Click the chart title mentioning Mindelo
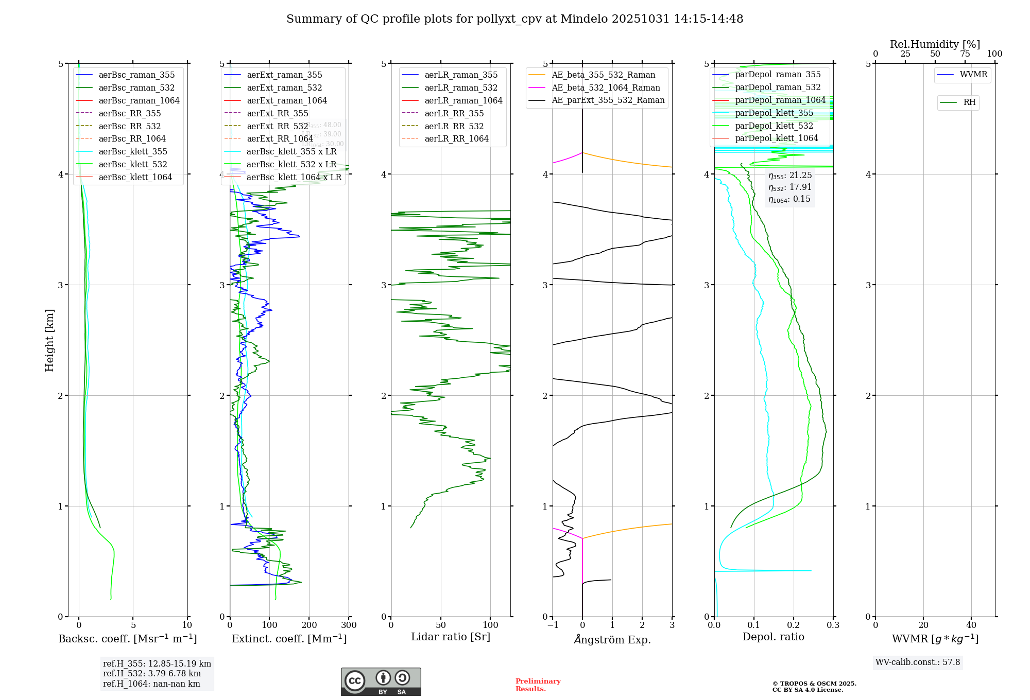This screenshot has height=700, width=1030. pos(514,19)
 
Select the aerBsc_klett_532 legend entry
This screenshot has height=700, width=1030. pos(133,164)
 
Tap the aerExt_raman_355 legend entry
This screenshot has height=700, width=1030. pos(284,75)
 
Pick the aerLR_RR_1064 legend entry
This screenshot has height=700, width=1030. pos(456,138)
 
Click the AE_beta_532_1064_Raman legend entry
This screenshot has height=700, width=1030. pos(606,87)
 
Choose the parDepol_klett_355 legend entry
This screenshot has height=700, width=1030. pos(774,113)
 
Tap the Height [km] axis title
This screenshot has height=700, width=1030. pos(49,340)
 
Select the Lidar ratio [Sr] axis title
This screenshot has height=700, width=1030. pos(451,637)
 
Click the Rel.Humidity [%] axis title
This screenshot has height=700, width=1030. pos(935,44)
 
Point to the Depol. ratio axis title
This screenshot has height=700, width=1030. pos(773,637)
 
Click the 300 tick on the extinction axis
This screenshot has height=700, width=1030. pos(349,625)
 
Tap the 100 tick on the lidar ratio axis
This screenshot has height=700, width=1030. pos(490,625)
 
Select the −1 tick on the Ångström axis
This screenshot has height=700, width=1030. pos(553,625)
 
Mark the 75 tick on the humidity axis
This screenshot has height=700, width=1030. pos(965,54)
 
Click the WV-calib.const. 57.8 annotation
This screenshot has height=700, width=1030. pos(918,662)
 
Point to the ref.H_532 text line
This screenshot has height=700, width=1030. pos(152,673)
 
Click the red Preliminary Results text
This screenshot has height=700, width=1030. pos(538,685)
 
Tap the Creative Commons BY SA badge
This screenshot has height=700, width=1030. pos(381,681)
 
